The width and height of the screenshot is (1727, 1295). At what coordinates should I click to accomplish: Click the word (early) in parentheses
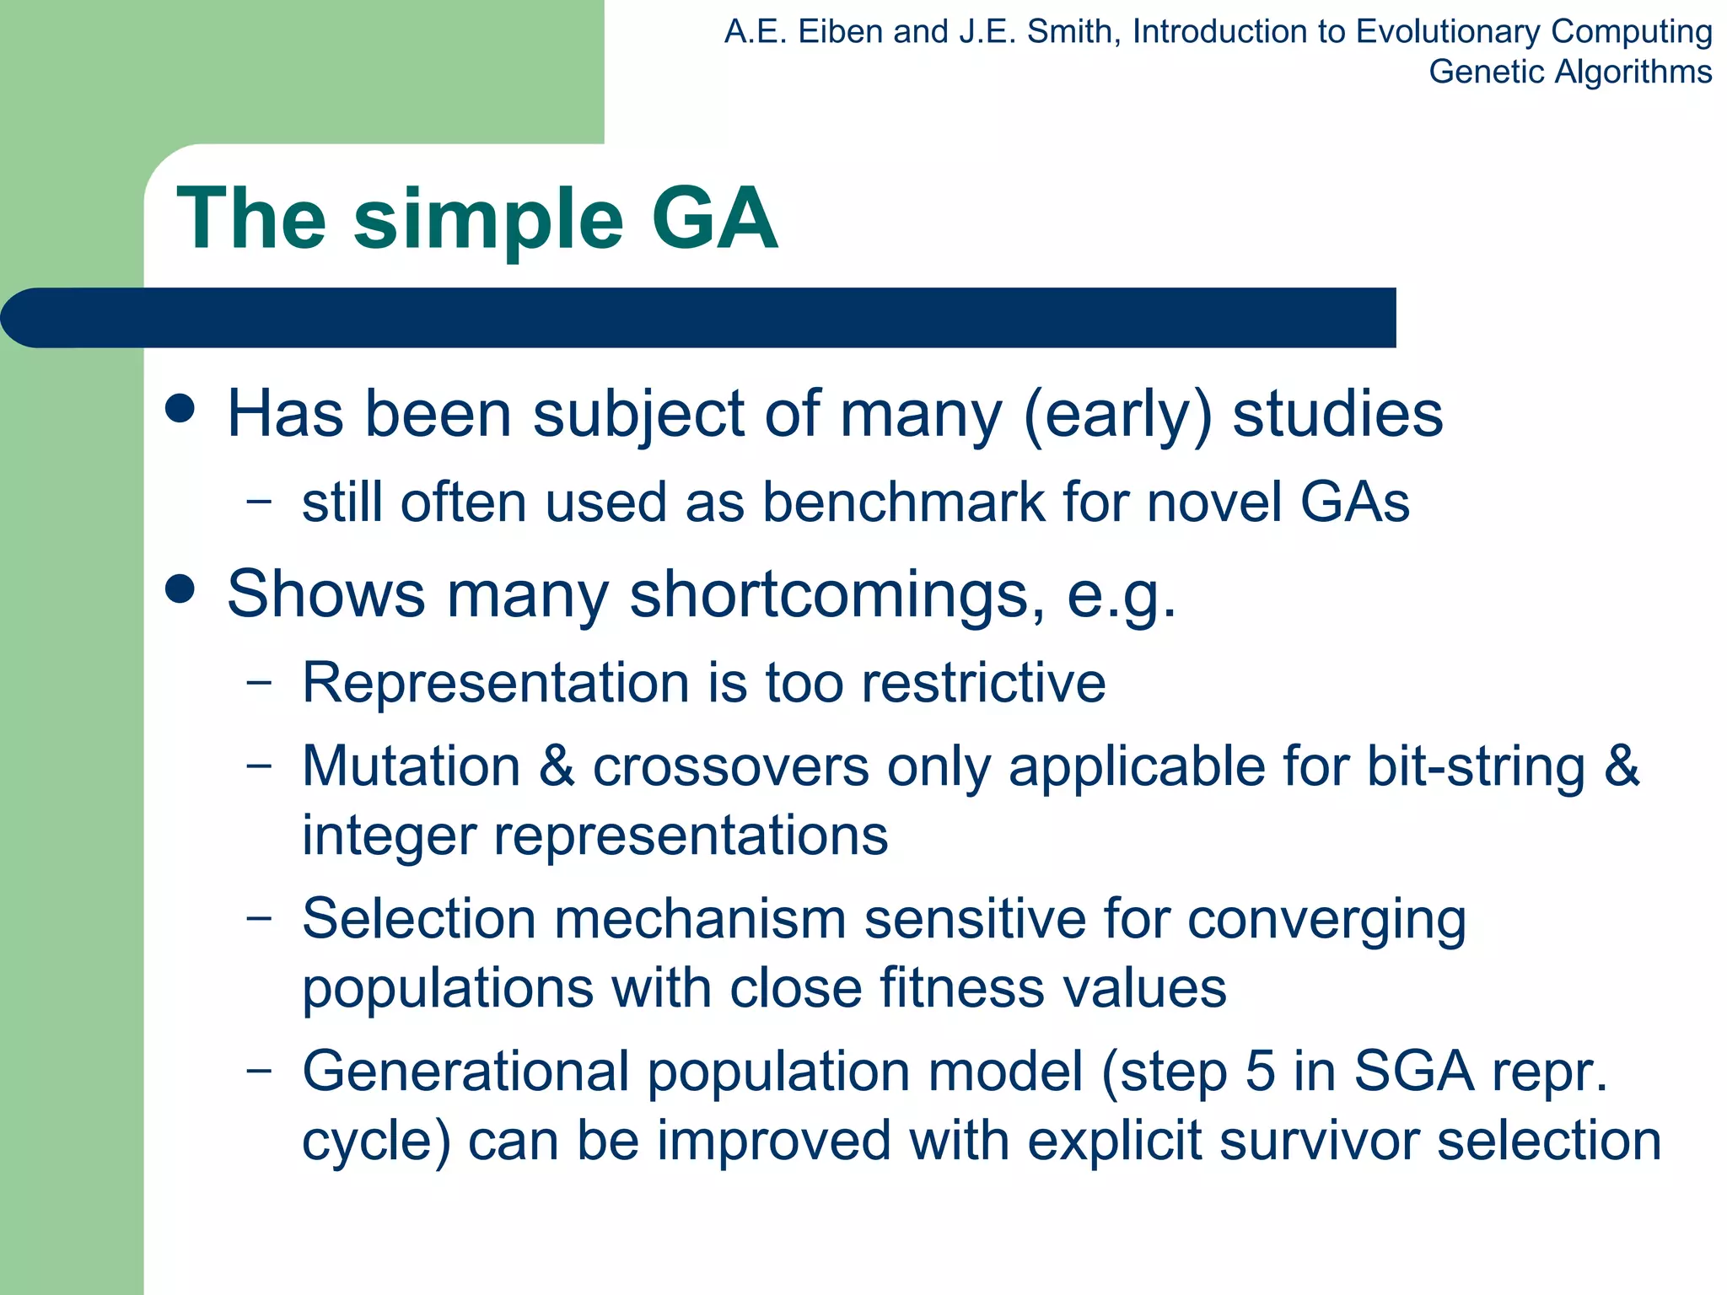(x=1117, y=415)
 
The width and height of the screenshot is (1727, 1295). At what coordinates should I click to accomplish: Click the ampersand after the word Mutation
(x=557, y=766)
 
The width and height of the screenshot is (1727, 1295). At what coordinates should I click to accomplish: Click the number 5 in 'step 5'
(x=1260, y=1072)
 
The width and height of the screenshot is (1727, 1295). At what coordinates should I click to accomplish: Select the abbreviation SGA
(x=1413, y=1072)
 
